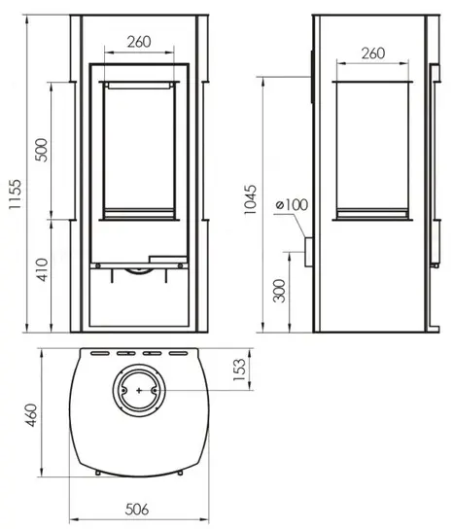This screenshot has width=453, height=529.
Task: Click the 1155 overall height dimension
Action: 16,194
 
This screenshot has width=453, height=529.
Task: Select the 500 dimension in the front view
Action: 42,150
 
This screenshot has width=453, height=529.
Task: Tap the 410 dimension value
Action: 42,269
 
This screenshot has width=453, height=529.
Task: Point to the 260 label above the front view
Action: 139,42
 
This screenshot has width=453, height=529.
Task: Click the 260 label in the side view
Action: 373,53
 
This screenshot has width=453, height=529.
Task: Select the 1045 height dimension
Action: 250,199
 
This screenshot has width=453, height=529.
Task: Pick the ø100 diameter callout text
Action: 292,205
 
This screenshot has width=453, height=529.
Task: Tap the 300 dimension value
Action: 279,291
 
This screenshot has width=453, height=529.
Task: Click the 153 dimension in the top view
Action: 239,370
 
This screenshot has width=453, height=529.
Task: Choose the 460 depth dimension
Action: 32,415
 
